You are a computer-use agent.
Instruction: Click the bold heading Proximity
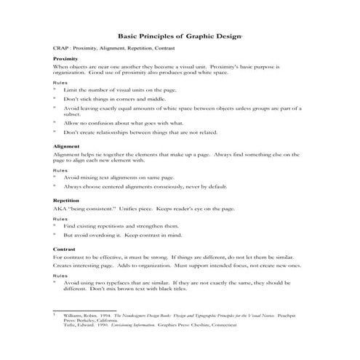66,57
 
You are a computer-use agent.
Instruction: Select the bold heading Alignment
67,145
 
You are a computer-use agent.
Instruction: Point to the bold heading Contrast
65,249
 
